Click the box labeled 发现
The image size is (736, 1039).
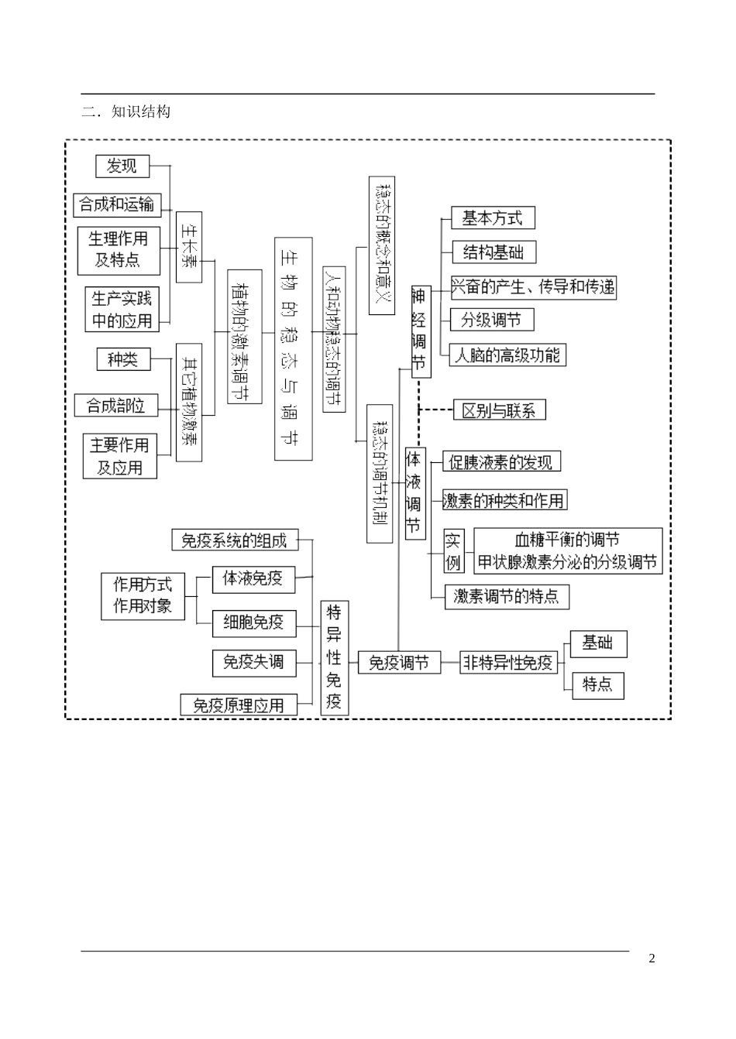point(122,166)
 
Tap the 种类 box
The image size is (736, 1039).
point(123,359)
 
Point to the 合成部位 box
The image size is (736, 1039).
point(115,405)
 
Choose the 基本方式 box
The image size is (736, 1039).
point(493,218)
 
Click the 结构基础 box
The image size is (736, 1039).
point(494,252)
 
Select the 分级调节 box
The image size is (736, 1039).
point(492,320)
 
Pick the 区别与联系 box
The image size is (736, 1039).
point(500,410)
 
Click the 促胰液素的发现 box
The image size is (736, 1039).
point(501,462)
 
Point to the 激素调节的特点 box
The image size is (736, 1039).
point(507,596)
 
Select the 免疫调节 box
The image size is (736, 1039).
point(399,663)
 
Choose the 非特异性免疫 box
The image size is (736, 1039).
point(508,663)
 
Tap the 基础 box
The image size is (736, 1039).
point(598,643)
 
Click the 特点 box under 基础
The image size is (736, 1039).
point(597,685)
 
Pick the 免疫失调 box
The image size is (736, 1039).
point(253,663)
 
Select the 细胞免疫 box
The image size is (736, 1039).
point(253,622)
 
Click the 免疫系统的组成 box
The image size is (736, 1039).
point(234,540)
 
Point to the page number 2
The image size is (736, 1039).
point(652,958)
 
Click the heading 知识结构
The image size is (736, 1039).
point(139,111)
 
